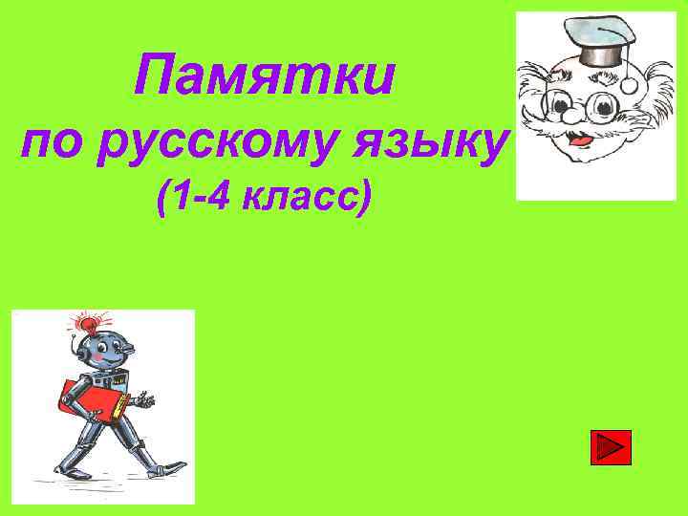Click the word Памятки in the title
[x=263, y=76]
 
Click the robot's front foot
[x=172, y=467]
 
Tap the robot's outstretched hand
[x=143, y=399]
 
